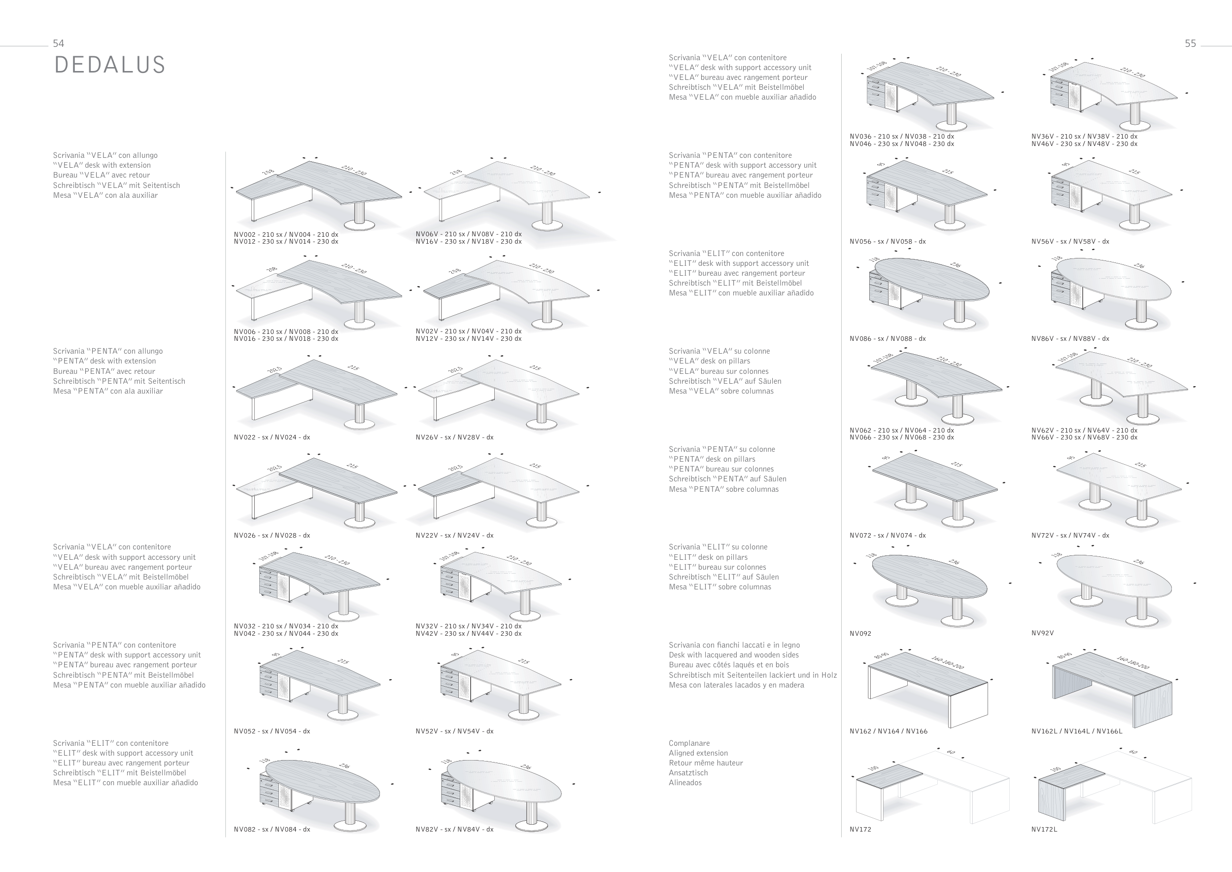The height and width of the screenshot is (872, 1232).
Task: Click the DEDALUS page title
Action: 109,65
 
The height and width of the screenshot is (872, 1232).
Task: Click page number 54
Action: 59,43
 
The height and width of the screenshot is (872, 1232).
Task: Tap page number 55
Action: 1190,43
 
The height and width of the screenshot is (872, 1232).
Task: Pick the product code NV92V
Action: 1042,633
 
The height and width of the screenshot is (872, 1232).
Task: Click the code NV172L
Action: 1044,830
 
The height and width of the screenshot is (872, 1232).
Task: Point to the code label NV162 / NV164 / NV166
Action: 888,731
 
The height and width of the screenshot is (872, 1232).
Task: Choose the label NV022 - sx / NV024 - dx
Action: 272,437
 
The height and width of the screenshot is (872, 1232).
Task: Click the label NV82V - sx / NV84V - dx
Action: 454,830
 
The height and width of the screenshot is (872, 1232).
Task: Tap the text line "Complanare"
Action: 689,744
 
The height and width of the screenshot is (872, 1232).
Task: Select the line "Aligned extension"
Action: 698,753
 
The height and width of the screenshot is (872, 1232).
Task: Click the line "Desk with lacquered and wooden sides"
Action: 733,655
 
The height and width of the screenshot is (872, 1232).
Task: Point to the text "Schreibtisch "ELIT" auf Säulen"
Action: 723,577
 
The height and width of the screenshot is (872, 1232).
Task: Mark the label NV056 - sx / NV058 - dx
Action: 888,242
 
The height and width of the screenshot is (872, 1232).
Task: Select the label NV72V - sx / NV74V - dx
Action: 1070,535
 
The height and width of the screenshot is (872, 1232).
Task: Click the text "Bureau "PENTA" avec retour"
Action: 103,371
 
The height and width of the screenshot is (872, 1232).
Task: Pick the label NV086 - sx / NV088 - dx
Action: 888,339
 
